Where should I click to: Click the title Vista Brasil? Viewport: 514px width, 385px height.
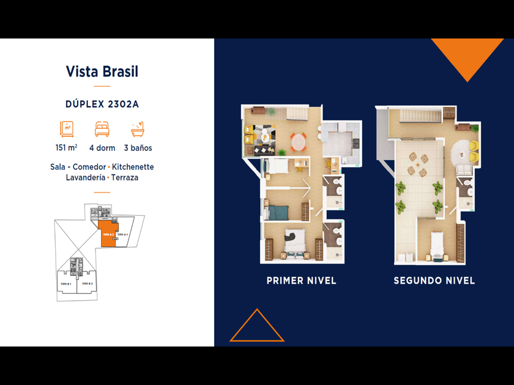click(102, 71)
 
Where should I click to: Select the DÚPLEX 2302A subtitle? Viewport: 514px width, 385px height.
click(102, 104)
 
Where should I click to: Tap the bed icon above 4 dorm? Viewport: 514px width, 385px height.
click(102, 129)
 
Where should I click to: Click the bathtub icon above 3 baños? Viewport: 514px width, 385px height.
click(138, 129)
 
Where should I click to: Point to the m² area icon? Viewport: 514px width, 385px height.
click(67, 129)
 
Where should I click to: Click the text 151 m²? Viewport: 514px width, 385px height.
click(66, 148)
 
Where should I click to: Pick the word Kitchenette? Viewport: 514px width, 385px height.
click(133, 167)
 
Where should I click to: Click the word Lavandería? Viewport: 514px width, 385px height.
click(85, 178)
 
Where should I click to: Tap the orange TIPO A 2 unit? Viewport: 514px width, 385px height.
click(107, 235)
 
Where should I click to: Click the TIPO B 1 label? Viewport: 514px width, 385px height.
click(66, 284)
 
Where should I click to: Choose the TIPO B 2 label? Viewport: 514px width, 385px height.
click(86, 284)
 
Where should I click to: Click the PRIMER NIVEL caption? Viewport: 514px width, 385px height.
click(301, 281)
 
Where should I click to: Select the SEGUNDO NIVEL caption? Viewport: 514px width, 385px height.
click(434, 281)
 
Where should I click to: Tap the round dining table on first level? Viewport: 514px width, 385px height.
click(297, 141)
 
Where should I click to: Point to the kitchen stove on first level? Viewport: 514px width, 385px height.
click(355, 144)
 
